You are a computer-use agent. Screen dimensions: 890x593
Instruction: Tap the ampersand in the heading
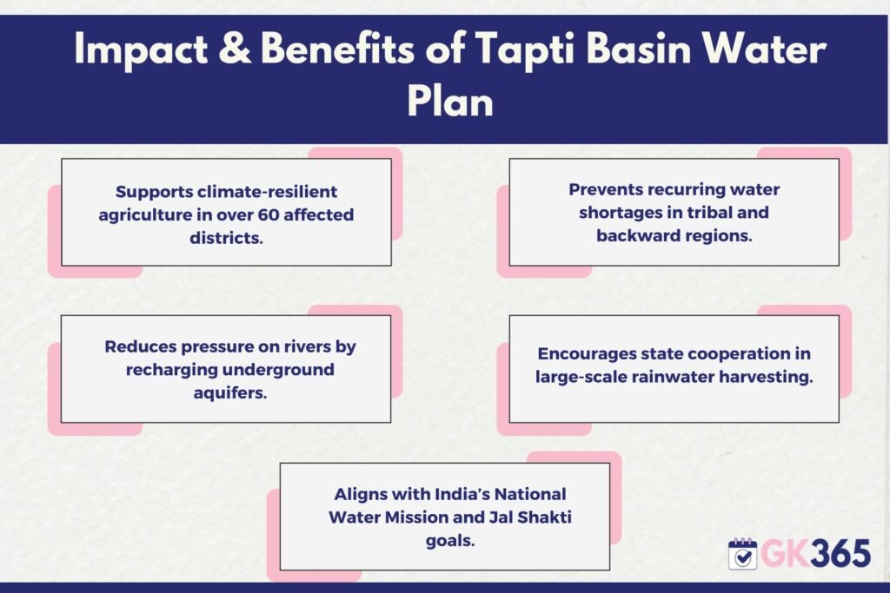point(234,48)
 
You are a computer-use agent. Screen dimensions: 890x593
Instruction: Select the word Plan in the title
point(450,102)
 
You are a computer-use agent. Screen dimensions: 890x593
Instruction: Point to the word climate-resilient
point(267,192)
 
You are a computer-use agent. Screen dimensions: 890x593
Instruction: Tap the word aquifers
point(229,393)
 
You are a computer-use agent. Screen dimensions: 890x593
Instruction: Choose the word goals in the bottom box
point(449,542)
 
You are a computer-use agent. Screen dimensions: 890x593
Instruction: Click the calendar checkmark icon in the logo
point(742,553)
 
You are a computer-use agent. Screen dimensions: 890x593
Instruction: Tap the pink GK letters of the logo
point(786,553)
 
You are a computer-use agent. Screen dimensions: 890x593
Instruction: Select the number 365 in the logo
point(840,553)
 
